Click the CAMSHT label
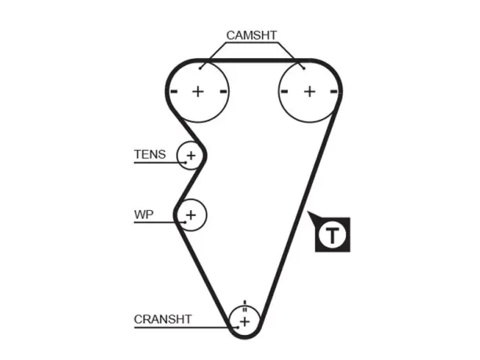pos(251,35)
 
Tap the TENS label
pos(150,155)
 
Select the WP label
pos(144,215)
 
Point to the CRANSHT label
pos(162,319)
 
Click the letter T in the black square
pos(332,235)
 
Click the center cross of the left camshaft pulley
pos(198,91)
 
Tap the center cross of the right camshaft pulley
pos(310,91)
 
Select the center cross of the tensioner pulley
pos(191,155)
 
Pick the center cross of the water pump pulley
pos(191,215)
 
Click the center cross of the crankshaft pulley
pos(245,322)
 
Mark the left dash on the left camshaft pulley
pos(174,91)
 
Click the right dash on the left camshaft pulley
pos(224,91)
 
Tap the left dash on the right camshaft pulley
pos(285,91)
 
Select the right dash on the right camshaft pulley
pos(334,91)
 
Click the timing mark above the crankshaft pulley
pos(245,303)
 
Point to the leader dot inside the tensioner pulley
pos(186,162)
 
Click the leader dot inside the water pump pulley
pos(186,222)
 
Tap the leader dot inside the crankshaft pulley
pos(238,328)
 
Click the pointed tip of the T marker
pos(308,212)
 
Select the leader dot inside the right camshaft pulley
pos(304,68)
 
